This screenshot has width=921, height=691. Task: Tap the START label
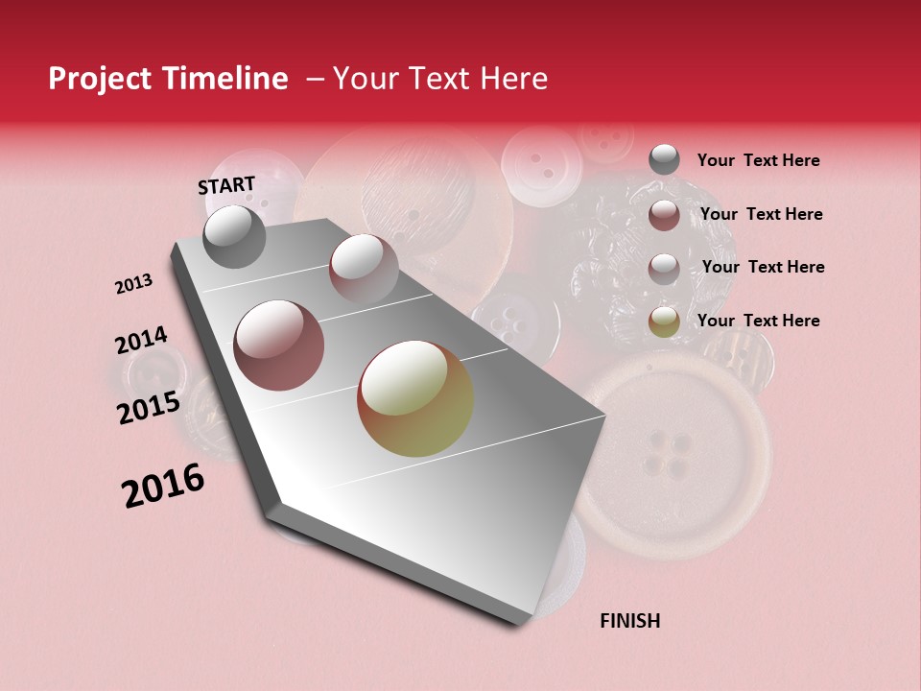tap(226, 185)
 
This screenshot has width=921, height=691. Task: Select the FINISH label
tap(630, 621)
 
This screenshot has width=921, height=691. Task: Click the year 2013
tap(133, 284)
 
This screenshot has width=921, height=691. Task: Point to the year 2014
tap(141, 340)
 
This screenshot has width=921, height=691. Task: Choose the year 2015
tap(149, 407)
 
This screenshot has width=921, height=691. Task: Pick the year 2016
tap(163, 486)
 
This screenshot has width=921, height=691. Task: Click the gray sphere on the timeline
tap(235, 237)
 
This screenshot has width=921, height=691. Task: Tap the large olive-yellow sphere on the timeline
tap(415, 398)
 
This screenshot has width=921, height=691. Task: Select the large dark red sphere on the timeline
tap(279, 345)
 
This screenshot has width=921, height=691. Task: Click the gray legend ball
tap(664, 160)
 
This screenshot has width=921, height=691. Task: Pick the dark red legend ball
tap(664, 215)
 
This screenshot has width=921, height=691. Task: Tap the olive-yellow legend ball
tap(664, 322)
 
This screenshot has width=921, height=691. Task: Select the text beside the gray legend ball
tap(758, 160)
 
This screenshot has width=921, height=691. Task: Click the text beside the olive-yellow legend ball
tap(758, 321)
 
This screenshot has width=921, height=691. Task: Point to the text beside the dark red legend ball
tap(761, 214)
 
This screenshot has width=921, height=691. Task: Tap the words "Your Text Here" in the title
tap(439, 79)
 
